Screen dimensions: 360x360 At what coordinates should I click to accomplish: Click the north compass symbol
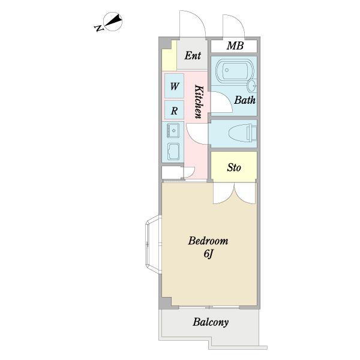(113, 22)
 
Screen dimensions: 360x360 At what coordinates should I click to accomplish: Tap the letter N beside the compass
(99, 28)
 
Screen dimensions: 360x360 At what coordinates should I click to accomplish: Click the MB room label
(235, 46)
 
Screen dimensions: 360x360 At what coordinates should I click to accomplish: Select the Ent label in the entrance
(193, 55)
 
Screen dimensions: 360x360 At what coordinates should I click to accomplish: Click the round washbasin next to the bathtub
(253, 86)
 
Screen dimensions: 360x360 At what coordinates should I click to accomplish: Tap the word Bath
(245, 100)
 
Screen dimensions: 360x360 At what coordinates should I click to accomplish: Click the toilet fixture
(243, 133)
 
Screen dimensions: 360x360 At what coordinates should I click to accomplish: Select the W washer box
(174, 86)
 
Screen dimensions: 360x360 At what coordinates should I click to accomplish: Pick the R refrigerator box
(174, 110)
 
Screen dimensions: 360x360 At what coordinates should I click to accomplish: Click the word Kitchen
(199, 102)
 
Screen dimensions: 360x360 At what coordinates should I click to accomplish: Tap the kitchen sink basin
(173, 131)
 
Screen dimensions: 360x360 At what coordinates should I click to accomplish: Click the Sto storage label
(234, 167)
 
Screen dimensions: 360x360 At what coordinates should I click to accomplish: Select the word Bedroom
(208, 241)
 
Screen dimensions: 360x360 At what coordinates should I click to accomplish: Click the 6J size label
(208, 254)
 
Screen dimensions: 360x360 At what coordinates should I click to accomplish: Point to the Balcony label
(211, 322)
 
